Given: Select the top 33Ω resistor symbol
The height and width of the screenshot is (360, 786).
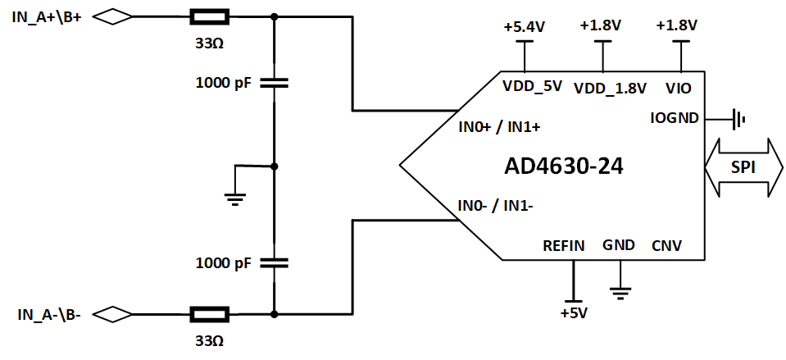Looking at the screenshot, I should pyautogui.click(x=210, y=16).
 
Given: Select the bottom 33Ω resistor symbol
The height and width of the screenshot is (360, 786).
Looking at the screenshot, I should pyautogui.click(x=210, y=314).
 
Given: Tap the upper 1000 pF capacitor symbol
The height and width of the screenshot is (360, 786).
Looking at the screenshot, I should pyautogui.click(x=275, y=83).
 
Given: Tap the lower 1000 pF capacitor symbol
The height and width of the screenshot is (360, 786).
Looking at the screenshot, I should pyautogui.click(x=275, y=263).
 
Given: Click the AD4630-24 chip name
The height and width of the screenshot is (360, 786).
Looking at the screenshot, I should pyautogui.click(x=563, y=166).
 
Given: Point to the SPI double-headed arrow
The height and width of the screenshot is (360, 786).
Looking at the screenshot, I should pyautogui.click(x=743, y=167).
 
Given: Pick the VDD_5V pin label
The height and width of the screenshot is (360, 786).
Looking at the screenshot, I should pyautogui.click(x=532, y=85).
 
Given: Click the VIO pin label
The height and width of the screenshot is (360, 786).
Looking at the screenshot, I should pyautogui.click(x=678, y=85).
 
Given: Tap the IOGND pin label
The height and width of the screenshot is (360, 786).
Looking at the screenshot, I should pyautogui.click(x=674, y=117).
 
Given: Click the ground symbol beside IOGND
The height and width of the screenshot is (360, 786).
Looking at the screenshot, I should pyautogui.click(x=739, y=120).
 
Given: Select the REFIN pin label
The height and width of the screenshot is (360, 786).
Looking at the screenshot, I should pyautogui.click(x=564, y=245).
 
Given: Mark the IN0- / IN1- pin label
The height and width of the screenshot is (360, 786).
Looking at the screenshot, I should pyautogui.click(x=497, y=205).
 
